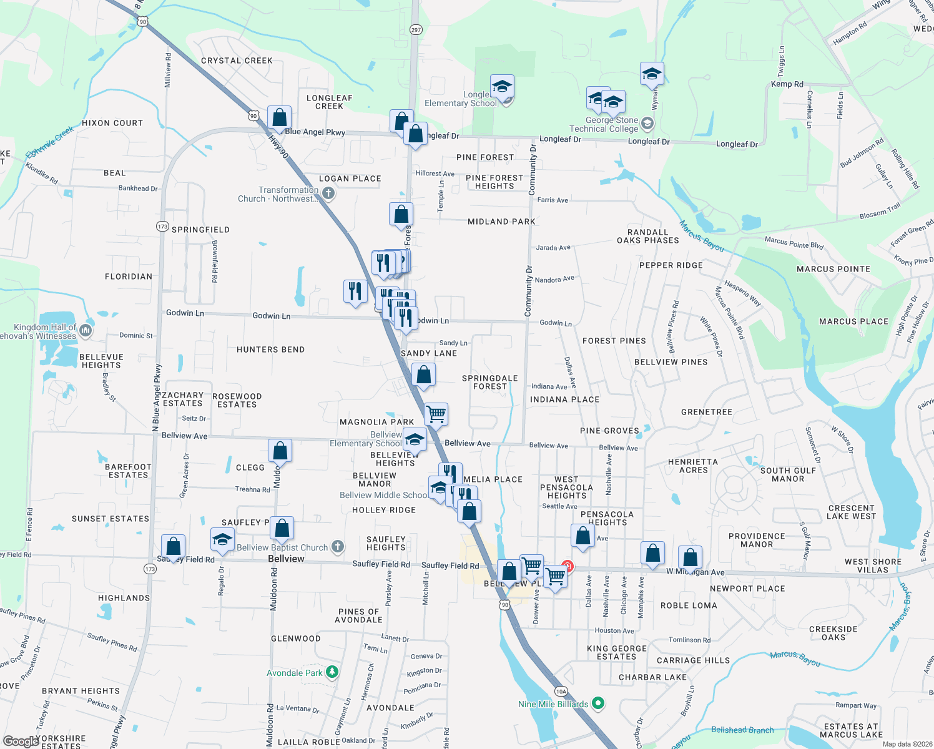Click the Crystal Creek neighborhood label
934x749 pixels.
[x=237, y=61]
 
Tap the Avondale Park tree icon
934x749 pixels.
[x=333, y=672]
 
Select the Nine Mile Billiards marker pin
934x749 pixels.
[x=598, y=704]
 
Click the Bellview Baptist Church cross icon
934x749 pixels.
[x=338, y=547]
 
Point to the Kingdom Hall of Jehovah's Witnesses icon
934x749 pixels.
[x=86, y=330]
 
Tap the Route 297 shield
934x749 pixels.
[x=416, y=29]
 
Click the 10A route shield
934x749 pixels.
[x=561, y=691]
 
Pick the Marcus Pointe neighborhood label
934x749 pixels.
[x=833, y=269]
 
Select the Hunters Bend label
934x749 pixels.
[x=270, y=350]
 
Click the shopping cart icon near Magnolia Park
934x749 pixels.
[x=436, y=413]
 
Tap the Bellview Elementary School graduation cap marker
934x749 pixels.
[x=415, y=439]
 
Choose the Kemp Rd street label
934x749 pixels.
[x=787, y=84]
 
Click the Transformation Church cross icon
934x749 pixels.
[x=329, y=193]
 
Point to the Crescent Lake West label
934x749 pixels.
[x=851, y=512]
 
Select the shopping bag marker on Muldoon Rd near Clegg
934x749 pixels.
[x=280, y=450]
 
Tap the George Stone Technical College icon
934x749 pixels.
[x=647, y=123]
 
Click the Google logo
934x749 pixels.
[x=20, y=741]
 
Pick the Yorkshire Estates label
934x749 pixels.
[x=61, y=742]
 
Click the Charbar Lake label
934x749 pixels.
[x=652, y=677]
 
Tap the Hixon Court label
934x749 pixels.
[x=112, y=123]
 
